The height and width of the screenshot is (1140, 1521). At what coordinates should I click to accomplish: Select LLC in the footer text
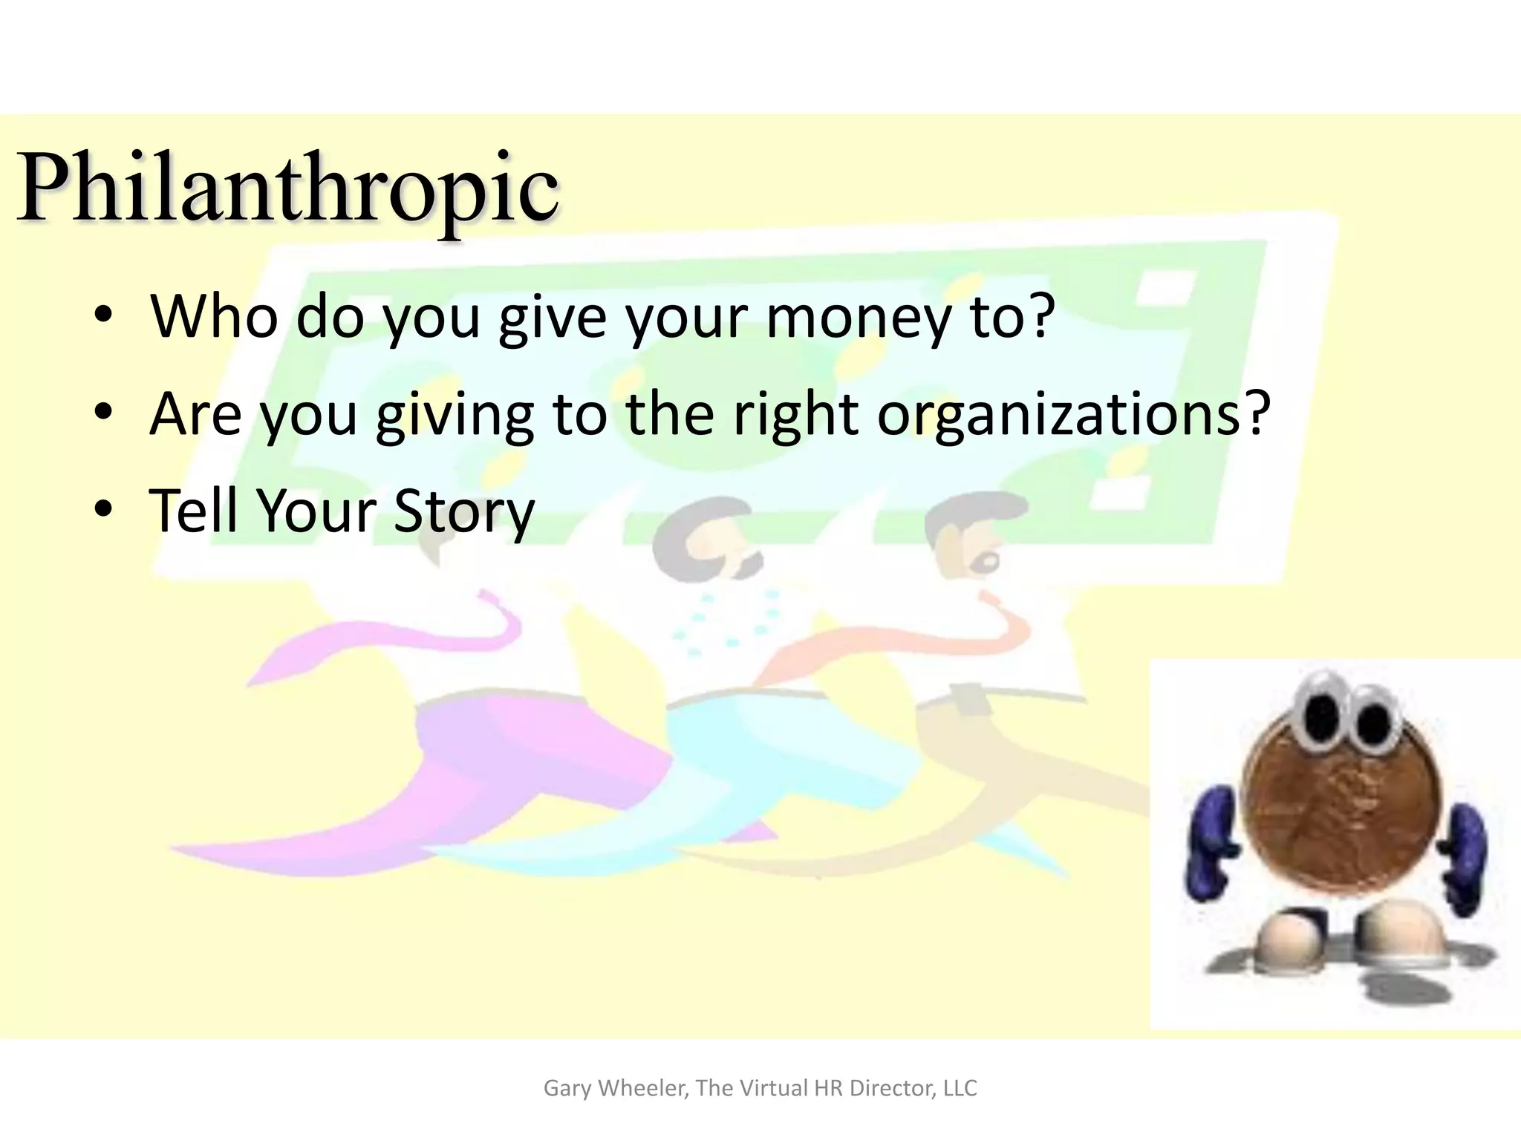pyautogui.click(x=960, y=1088)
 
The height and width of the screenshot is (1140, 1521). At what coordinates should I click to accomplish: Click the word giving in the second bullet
pyautogui.click(x=455, y=415)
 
